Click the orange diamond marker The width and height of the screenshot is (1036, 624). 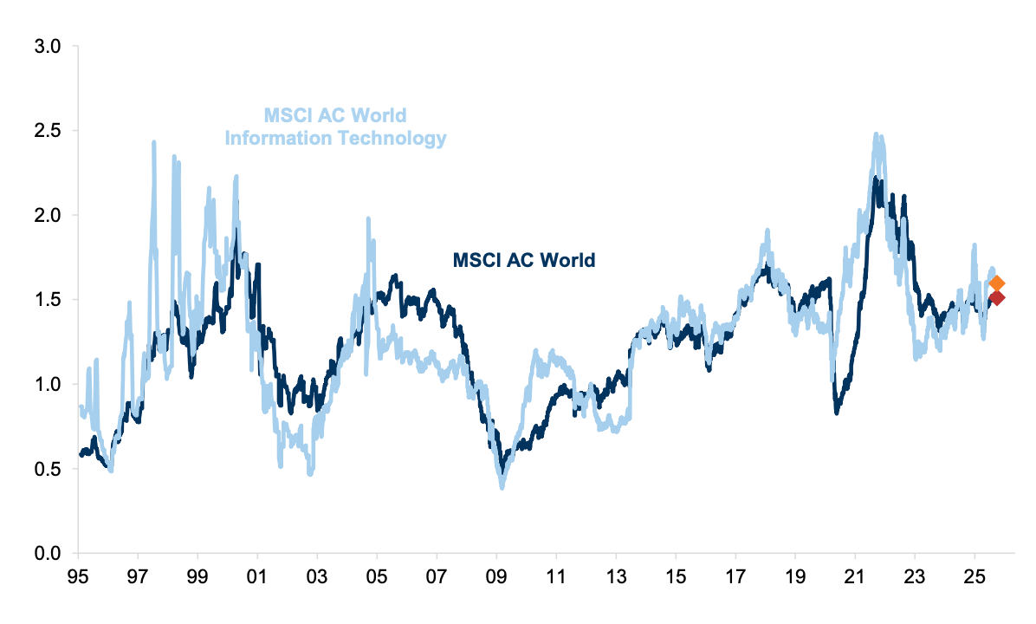[x=996, y=283]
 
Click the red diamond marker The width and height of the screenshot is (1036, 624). [x=996, y=298]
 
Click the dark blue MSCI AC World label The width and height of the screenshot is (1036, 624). [x=524, y=259]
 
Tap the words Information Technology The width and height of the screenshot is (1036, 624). [x=336, y=138]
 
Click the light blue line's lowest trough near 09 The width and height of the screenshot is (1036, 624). [x=502, y=487]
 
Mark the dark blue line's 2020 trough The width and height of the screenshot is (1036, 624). [x=837, y=413]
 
